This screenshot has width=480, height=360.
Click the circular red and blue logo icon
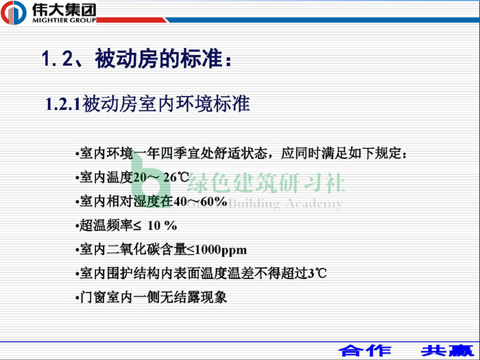pyautogui.click(x=14, y=13)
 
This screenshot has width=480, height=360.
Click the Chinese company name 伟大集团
pyautogui.click(x=64, y=10)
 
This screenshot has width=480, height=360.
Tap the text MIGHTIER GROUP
pyautogui.click(x=64, y=20)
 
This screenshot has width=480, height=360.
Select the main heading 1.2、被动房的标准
pyautogui.click(x=136, y=58)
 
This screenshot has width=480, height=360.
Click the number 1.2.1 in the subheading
pyautogui.click(x=63, y=104)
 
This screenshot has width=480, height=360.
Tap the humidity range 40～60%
pyautogui.click(x=200, y=202)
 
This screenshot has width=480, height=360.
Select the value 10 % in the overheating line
pyautogui.click(x=163, y=226)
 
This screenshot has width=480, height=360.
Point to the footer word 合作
pyautogui.click(x=365, y=350)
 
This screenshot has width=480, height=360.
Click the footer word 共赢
pyautogui.click(x=447, y=350)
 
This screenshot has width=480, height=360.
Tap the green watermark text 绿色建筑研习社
pyautogui.click(x=266, y=182)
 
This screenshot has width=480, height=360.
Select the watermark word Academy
pyautogui.click(x=313, y=204)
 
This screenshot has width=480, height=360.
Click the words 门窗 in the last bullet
pyautogui.click(x=93, y=297)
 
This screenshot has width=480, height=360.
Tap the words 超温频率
pyautogui.click(x=106, y=226)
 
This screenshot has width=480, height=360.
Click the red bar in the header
pyautogui.click(x=132, y=20)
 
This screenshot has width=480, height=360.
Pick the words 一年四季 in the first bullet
pyautogui.click(x=160, y=154)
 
